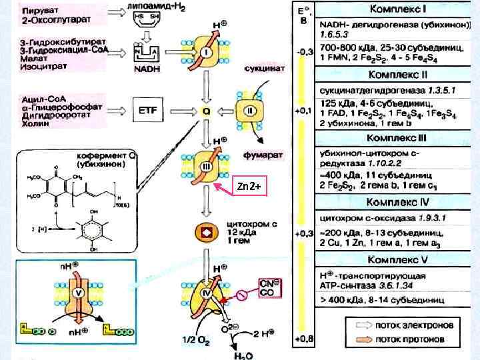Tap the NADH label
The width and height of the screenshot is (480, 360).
point(147,69)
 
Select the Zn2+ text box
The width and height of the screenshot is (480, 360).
point(249,187)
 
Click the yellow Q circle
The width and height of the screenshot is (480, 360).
point(206,112)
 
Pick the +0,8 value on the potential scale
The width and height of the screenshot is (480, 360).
point(303,339)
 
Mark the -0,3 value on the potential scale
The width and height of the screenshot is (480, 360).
point(303,50)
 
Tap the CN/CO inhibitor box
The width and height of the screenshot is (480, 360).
point(266,287)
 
